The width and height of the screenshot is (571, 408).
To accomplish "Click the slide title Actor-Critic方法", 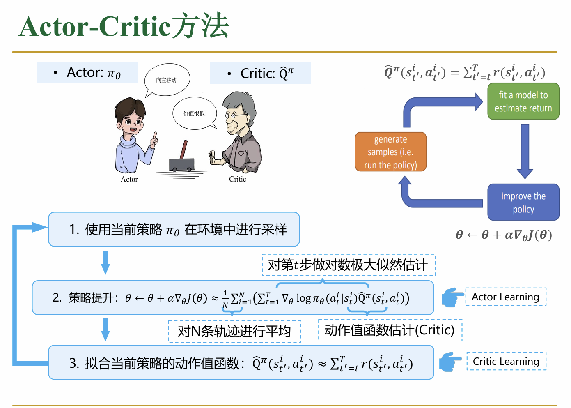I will [x=124, y=26].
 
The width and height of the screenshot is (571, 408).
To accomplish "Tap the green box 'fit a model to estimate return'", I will [x=523, y=101].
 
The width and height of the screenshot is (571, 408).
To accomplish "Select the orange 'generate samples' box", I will [x=390, y=152].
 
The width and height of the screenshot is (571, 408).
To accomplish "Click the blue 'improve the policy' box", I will [x=523, y=203].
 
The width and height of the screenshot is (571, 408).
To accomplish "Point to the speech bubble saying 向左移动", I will [x=167, y=80].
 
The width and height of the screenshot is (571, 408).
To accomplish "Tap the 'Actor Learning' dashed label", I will [x=505, y=297].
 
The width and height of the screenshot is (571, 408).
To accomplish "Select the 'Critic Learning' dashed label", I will [x=506, y=362].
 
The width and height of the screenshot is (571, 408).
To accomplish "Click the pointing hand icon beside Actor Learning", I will [x=452, y=297].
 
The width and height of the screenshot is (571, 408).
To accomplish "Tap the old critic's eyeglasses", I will [x=232, y=116].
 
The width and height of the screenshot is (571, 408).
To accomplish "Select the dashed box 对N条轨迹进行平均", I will [x=234, y=331].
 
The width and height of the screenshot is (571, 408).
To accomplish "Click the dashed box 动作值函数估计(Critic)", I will [x=390, y=330].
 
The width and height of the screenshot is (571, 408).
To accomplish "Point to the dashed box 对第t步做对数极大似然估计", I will [x=348, y=265].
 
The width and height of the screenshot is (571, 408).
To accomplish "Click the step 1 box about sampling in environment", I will [x=174, y=229].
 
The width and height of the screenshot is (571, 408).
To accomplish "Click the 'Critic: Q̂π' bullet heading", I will [x=261, y=73].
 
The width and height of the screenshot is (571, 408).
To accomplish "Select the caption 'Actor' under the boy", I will [x=129, y=180].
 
